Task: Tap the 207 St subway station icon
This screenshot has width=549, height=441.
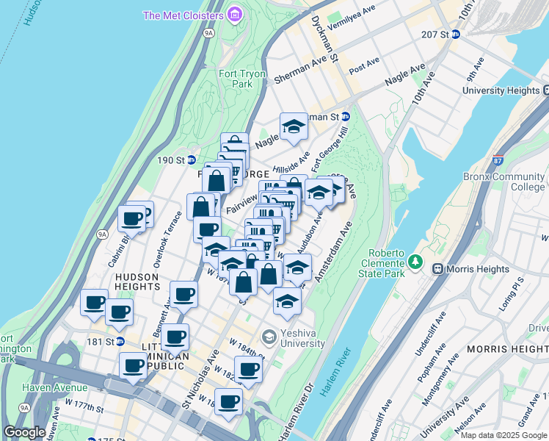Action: click(455, 34)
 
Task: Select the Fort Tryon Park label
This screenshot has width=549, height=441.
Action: click(235, 79)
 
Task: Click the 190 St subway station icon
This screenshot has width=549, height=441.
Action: click(191, 159)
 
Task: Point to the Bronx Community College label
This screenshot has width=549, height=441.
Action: click(504, 182)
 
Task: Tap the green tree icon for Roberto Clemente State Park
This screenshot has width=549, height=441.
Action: click(416, 261)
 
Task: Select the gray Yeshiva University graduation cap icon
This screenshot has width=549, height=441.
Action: click(269, 336)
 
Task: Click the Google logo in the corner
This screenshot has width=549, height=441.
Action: click(24, 432)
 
